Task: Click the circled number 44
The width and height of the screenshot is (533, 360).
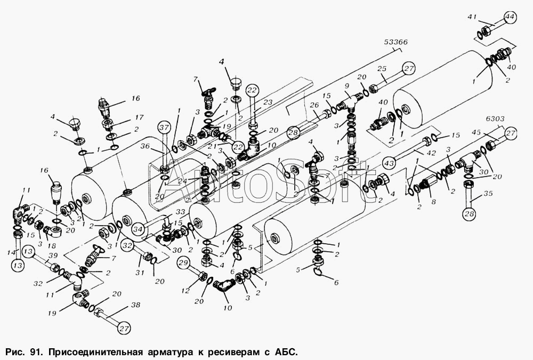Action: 510,17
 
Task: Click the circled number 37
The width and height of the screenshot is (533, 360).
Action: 164,127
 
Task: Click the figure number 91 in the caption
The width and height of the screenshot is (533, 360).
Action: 36,352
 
